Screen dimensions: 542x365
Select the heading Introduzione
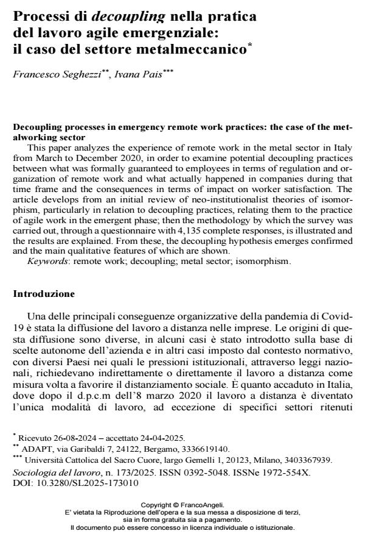[x=44, y=293]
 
